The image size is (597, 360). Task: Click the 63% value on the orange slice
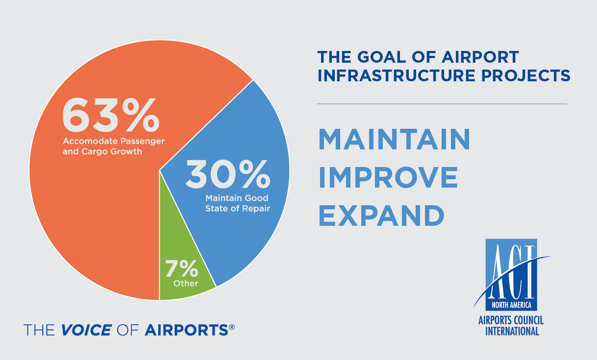111,115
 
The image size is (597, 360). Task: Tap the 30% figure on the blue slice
228,174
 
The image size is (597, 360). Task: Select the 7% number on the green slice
182,268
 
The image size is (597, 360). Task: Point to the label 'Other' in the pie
186,283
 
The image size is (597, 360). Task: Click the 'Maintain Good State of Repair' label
237,203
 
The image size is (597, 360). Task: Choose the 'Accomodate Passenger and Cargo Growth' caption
114,146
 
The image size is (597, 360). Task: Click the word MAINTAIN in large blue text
395,139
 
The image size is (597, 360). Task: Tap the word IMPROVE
388,177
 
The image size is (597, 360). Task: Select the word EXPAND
381,215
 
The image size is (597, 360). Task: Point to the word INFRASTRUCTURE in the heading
397,75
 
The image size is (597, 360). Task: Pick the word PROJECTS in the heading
525,75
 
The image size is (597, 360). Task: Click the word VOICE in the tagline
86,330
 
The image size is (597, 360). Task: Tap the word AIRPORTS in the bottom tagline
186,330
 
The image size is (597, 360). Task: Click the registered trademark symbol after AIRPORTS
232,327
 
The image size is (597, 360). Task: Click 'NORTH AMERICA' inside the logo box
511,305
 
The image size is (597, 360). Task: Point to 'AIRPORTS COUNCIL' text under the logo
511,320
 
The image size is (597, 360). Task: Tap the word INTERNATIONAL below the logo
512,331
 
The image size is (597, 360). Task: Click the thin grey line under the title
442,104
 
